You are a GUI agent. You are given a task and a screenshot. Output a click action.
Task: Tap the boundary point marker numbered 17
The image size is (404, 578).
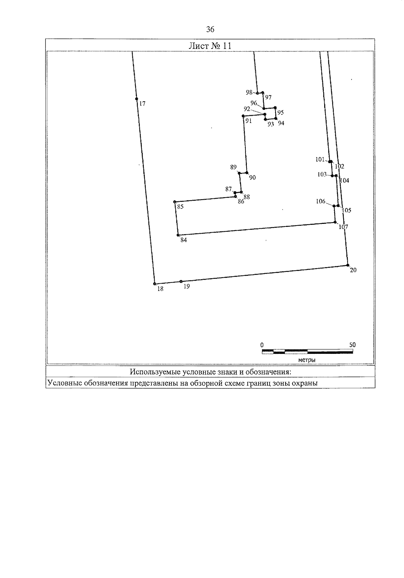pos(136,99)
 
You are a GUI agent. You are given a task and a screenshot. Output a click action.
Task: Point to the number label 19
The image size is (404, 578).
pos(187,286)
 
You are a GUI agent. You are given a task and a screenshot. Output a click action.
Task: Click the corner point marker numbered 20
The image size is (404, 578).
pos(348,265)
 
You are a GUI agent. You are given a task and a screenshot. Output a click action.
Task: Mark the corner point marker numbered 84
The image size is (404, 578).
pos(178,235)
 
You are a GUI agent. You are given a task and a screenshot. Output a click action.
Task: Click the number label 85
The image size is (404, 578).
pos(180,207)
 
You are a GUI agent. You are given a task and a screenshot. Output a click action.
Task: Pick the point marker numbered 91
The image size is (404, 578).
pos(243,116)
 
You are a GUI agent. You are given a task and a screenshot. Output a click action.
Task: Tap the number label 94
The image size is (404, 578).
pos(281,123)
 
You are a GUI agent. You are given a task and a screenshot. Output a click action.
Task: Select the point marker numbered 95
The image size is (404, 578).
pos(275,108)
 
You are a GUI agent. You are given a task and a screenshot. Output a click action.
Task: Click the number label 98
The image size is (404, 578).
pos(249,92)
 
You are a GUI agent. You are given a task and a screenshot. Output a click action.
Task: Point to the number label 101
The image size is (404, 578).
pos(320,160)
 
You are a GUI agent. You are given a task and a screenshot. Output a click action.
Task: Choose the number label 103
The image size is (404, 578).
pos(322,174)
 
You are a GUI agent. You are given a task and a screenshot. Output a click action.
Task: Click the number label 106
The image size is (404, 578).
pos(321,201)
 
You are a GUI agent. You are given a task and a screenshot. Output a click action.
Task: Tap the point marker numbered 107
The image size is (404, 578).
pos(335,222)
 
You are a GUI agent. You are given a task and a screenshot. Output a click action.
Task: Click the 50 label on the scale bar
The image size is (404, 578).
pos(352,345)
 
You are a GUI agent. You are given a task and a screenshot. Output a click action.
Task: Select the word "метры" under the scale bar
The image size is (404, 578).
pos(307,360)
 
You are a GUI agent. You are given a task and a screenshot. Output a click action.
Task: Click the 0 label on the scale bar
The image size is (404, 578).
pos(262,345)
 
